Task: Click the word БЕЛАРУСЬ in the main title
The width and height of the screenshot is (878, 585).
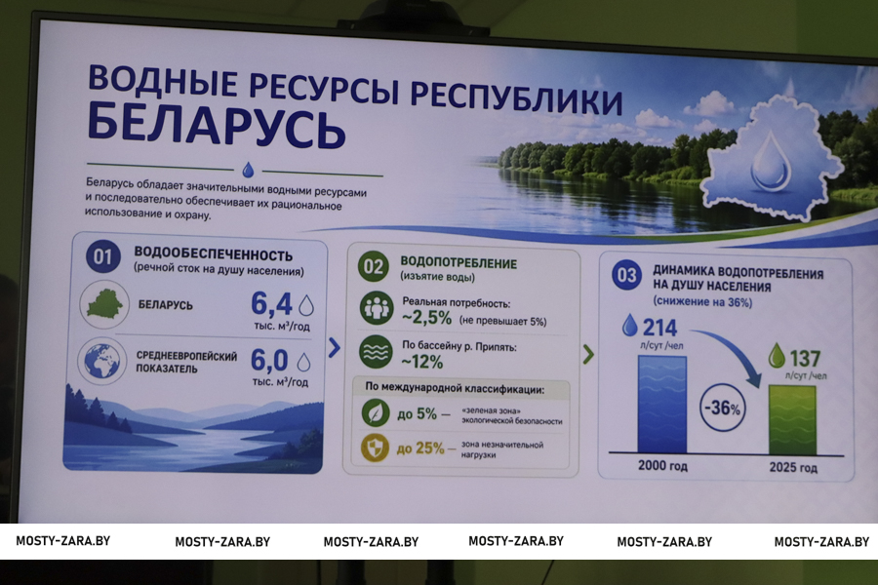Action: tap(217, 127)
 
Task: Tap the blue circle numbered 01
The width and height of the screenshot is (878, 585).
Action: tap(103, 257)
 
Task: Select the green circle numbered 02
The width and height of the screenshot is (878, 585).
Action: tap(374, 266)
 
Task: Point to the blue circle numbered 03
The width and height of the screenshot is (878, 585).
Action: tap(626, 275)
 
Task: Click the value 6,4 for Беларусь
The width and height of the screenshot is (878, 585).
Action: tap(271, 304)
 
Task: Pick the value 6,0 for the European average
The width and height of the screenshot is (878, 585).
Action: tap(269, 360)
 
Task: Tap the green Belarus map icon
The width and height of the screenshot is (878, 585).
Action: tap(104, 304)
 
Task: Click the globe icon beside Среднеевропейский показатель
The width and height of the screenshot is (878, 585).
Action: tap(102, 361)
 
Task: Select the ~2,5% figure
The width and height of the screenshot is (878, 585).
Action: tap(426, 318)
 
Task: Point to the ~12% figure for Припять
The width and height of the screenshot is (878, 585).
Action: tap(422, 362)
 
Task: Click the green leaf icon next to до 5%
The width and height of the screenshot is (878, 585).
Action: tap(376, 412)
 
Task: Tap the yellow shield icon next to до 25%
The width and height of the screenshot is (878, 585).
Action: tap(375, 448)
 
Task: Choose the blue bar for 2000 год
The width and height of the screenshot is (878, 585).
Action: tap(661, 405)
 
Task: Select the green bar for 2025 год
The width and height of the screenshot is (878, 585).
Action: tap(792, 420)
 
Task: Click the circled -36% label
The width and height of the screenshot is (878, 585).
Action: tap(723, 408)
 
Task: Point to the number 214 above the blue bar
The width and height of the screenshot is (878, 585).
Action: tap(659, 327)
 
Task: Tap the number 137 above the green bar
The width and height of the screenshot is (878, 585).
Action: tap(805, 358)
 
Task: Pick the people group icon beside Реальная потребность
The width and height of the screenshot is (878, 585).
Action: tap(376, 308)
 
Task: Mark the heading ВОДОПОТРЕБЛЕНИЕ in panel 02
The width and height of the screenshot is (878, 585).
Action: tap(459, 262)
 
